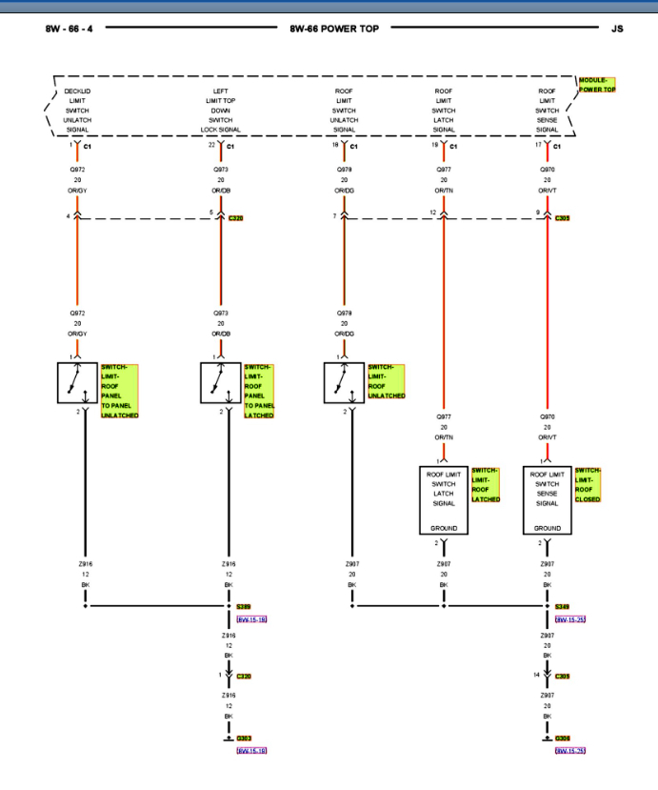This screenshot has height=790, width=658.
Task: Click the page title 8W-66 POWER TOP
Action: point(328,29)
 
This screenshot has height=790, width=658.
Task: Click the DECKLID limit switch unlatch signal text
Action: point(77,110)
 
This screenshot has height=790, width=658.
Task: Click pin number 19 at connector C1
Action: point(434,146)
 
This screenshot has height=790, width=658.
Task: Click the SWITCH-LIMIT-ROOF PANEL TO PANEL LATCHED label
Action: point(260,391)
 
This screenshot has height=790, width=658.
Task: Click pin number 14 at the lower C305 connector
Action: point(536,674)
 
